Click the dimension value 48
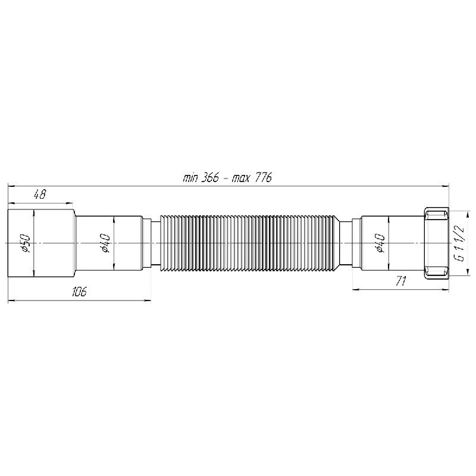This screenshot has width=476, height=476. pyautogui.click(x=40, y=195)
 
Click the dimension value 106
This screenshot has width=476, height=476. pyautogui.click(x=79, y=292)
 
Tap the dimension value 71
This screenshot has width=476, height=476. pyautogui.click(x=400, y=281)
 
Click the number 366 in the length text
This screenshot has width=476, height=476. pyautogui.click(x=210, y=177)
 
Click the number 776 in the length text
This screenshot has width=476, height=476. pyautogui.click(x=263, y=177)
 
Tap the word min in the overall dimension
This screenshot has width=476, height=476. pyautogui.click(x=190, y=178)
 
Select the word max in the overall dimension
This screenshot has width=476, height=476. pyautogui.click(x=241, y=178)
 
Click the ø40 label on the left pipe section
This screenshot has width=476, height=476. pyautogui.click(x=105, y=243)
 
